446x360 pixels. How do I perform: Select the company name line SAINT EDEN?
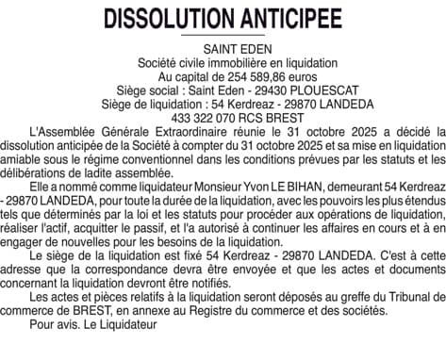point(223,46)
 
